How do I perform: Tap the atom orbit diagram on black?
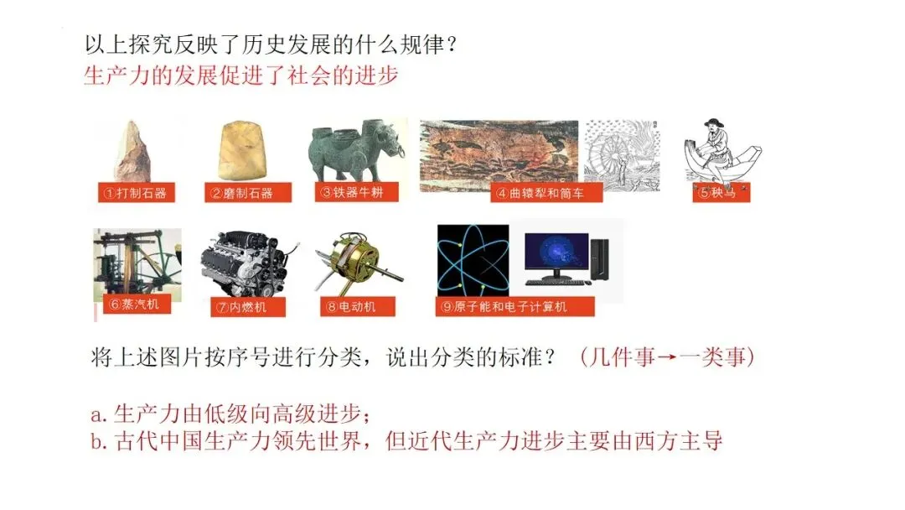click(473, 260)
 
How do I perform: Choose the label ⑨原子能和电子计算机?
click(515, 307)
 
